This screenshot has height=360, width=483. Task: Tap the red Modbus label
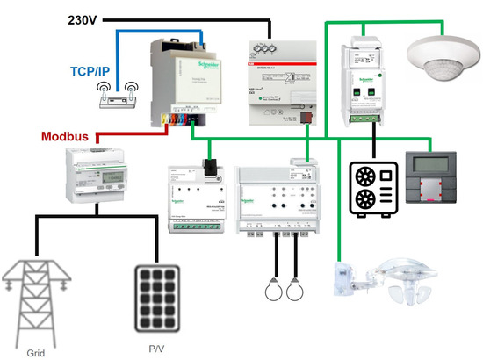pos(67,137)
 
